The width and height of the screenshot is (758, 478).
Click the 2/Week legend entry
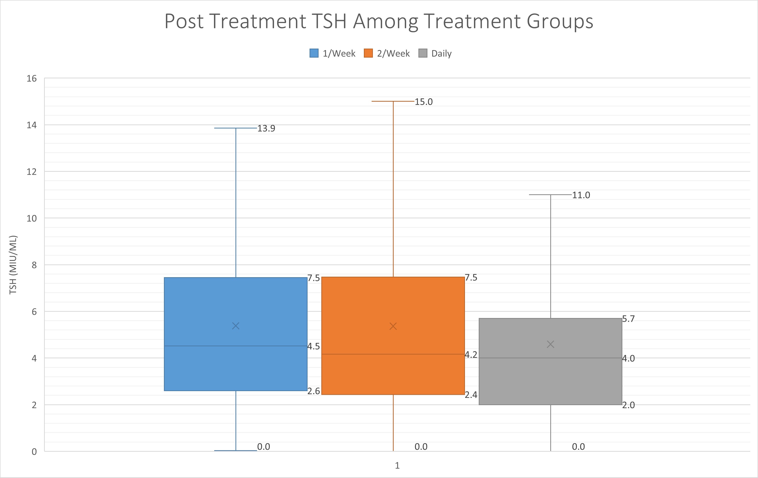387,53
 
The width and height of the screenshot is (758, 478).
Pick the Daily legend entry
435,53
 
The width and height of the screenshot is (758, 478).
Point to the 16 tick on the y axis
32,78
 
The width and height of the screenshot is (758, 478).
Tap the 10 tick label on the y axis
32,218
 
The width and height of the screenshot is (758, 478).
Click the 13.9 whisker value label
266,128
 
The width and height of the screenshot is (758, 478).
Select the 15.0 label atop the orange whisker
424,102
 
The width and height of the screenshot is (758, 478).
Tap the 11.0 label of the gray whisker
581,195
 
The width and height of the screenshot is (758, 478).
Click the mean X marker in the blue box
236,326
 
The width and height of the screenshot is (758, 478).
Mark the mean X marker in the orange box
393,326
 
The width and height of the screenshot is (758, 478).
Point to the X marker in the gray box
551,345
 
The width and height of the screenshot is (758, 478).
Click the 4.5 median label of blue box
314,346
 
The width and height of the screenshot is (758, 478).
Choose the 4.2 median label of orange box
471,355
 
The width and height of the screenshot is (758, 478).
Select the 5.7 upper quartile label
628,319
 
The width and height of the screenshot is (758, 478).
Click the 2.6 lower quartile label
314,391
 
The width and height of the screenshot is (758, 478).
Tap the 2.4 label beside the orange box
471,395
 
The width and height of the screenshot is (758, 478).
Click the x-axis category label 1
397,465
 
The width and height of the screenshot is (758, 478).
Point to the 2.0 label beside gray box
628,405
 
